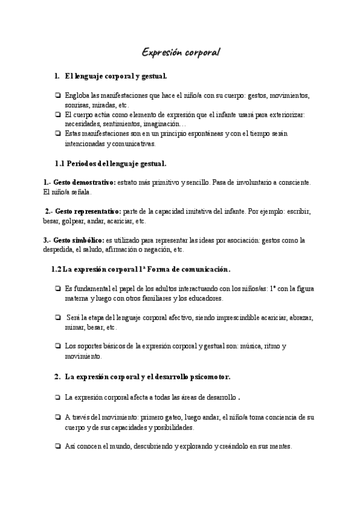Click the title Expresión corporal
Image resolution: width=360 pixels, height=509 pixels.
181,53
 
